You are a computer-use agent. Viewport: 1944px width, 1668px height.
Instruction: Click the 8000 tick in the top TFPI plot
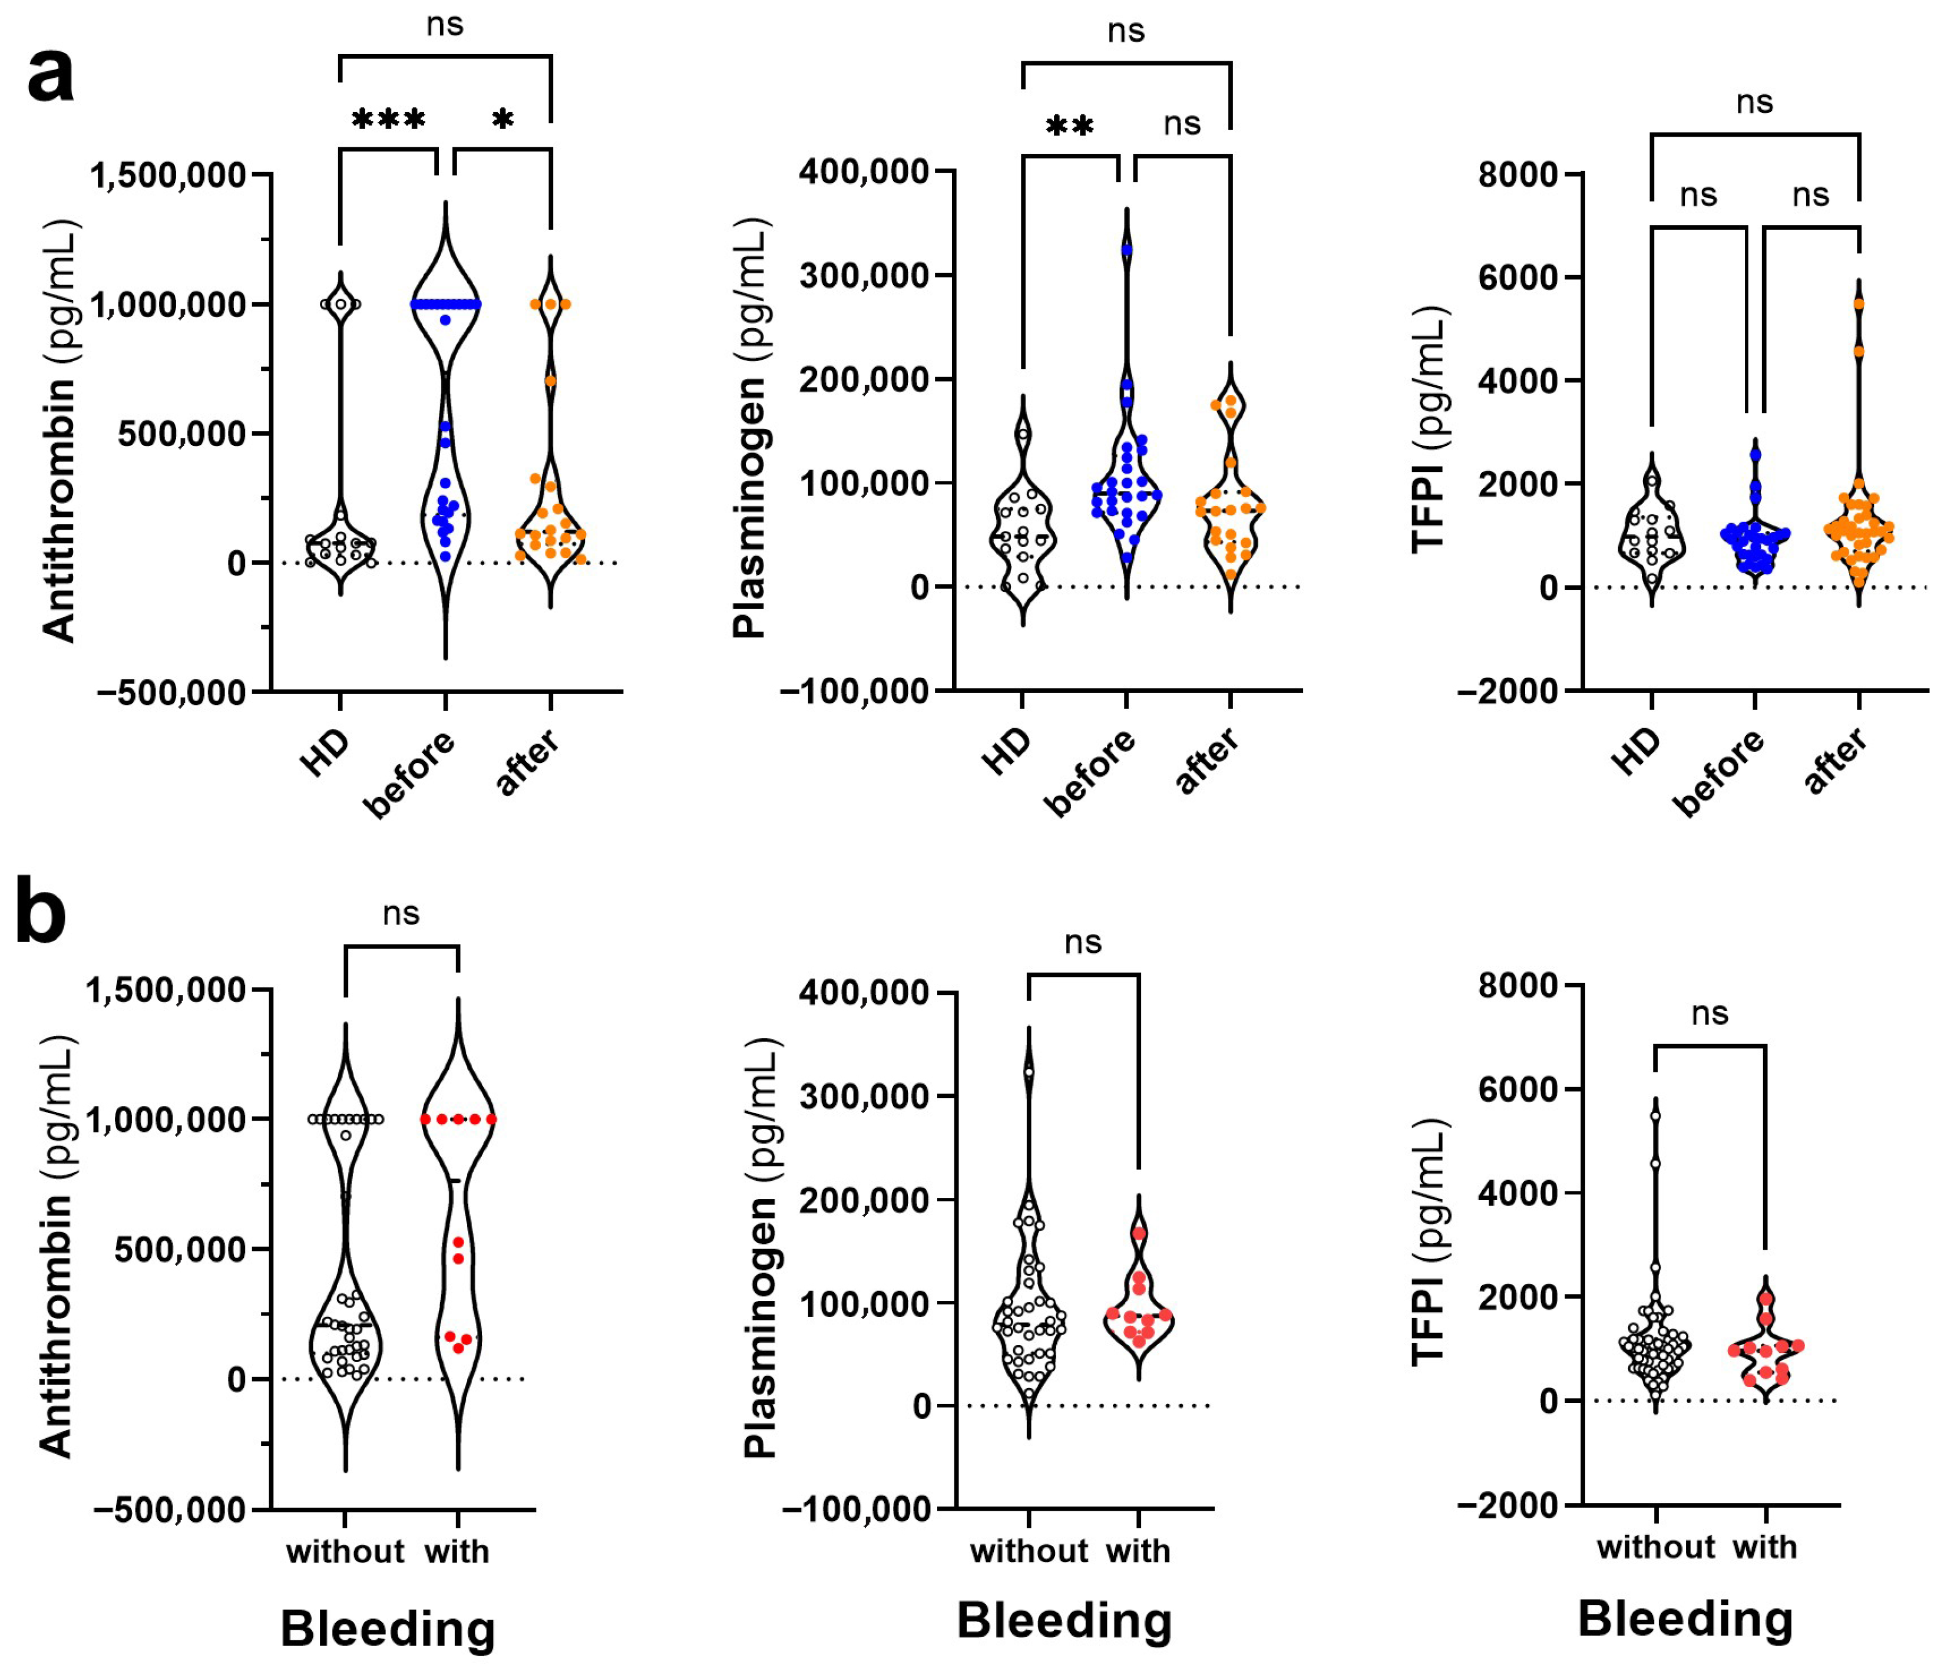click(1517, 174)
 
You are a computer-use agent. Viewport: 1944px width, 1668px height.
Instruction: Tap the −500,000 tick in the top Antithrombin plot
click(171, 692)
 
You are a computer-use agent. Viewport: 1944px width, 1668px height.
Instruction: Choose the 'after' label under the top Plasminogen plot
click(1208, 761)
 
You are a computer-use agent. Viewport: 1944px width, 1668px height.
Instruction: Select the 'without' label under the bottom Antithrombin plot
click(345, 1552)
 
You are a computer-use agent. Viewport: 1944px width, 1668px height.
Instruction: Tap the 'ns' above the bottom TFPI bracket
click(1710, 1013)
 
